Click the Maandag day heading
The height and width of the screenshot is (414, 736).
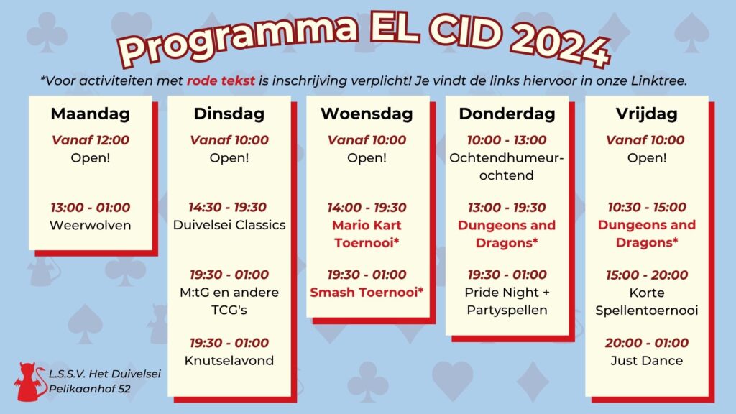pyautogui.click(x=90, y=114)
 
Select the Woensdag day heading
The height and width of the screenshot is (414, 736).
pyautogui.click(x=367, y=114)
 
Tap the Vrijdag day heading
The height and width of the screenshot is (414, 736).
pyautogui.click(x=646, y=114)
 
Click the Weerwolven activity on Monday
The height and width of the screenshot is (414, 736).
pyautogui.click(x=90, y=225)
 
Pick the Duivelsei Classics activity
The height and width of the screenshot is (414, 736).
pyautogui.click(x=229, y=225)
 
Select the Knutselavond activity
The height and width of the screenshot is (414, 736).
pyautogui.click(x=229, y=361)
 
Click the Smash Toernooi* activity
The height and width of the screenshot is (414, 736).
pyautogui.click(x=367, y=293)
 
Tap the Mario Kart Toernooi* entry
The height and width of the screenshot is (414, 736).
pyautogui.click(x=367, y=234)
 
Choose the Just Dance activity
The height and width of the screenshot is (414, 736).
pyautogui.click(x=646, y=361)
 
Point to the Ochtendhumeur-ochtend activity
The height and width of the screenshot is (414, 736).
pyautogui.click(x=507, y=167)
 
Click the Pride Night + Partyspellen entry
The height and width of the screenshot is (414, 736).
pyautogui.click(x=507, y=301)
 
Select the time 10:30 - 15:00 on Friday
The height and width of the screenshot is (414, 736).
pyautogui.click(x=646, y=208)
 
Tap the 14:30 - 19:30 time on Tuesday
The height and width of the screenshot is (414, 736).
pyautogui.click(x=229, y=208)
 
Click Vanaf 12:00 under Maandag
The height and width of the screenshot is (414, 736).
pyautogui.click(x=90, y=140)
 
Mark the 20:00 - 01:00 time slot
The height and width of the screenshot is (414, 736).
pyautogui.click(x=646, y=343)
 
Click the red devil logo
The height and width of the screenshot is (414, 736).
pyautogui.click(x=29, y=381)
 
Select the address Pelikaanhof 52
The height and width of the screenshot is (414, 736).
pyautogui.click(x=90, y=389)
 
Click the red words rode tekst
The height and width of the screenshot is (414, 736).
pyautogui.click(x=221, y=80)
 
